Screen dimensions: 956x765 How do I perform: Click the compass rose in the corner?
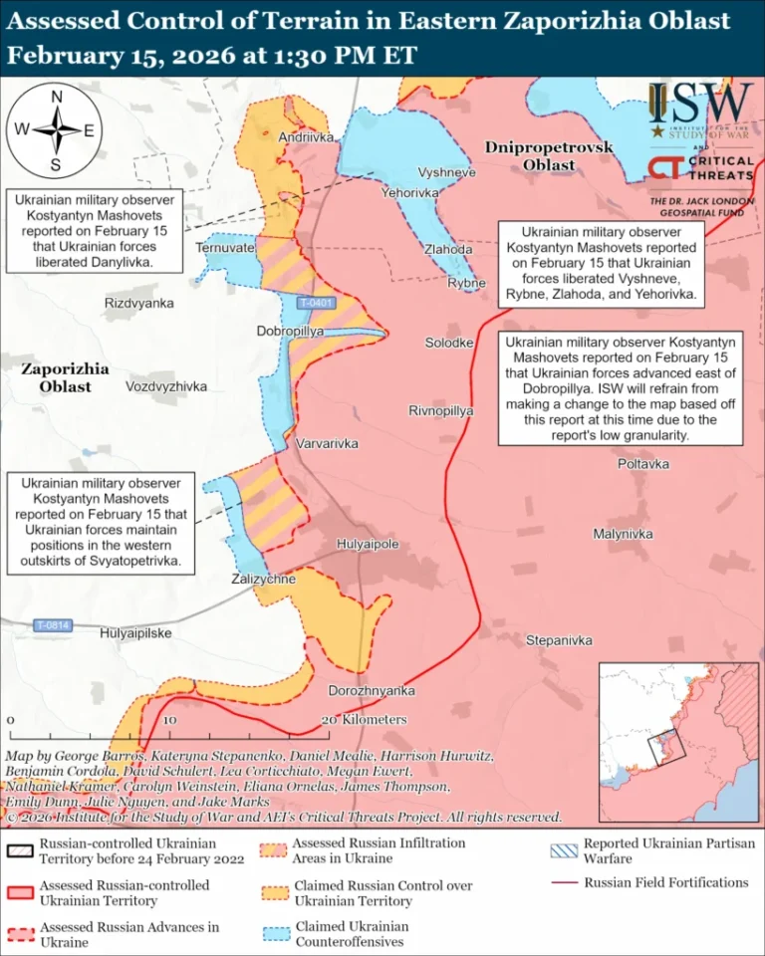[57, 130]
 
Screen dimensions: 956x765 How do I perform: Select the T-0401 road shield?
[316, 303]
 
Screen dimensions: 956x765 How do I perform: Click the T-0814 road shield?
[53, 625]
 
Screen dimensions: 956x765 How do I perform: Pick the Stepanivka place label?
[559, 640]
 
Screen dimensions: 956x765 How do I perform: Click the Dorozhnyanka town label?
[372, 690]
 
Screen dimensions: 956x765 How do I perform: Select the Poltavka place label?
[642, 464]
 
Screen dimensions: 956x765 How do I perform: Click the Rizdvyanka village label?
[138, 303]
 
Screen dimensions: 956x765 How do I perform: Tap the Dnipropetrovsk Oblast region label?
[549, 155]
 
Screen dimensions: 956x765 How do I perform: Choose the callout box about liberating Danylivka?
[93, 231]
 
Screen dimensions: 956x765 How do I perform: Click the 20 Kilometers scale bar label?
[365, 719]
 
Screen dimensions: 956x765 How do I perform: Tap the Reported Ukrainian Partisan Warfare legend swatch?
[564, 849]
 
